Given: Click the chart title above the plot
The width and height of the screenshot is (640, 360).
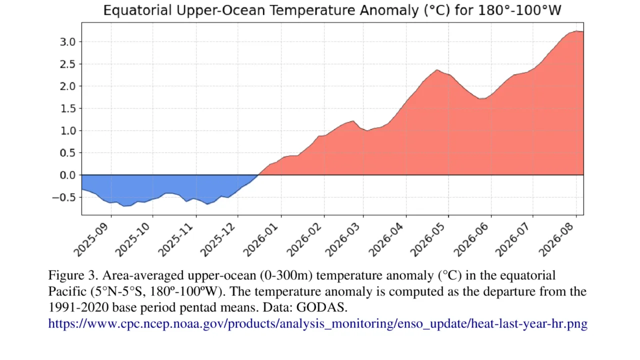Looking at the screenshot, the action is [332, 10].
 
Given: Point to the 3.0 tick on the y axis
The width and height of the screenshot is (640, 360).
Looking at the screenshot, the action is [67, 42].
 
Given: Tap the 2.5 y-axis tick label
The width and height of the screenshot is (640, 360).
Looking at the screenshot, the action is [67, 64].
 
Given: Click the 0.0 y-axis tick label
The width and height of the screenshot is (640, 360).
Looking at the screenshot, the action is [67, 175].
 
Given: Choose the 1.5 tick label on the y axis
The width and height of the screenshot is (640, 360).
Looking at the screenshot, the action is [67, 108].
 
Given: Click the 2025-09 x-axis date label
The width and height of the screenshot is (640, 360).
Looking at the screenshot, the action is [91, 239].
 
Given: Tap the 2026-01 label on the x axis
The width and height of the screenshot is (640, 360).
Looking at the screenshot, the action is [260, 239].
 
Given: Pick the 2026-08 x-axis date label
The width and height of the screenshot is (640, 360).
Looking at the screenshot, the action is [556, 239].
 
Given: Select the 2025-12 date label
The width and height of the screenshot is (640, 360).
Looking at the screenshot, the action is [217, 239].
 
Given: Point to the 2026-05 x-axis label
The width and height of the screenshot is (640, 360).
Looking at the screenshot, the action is [427, 239].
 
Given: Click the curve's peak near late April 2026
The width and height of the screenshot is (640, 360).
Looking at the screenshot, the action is [437, 69].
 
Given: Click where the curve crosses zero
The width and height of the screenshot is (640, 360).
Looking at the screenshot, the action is [258, 175].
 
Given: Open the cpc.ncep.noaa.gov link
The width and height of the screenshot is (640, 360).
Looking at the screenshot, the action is [317, 323].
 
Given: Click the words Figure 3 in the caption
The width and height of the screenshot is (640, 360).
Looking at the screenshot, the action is [73, 275].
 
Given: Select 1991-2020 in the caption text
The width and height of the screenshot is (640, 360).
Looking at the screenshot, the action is [78, 307].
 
